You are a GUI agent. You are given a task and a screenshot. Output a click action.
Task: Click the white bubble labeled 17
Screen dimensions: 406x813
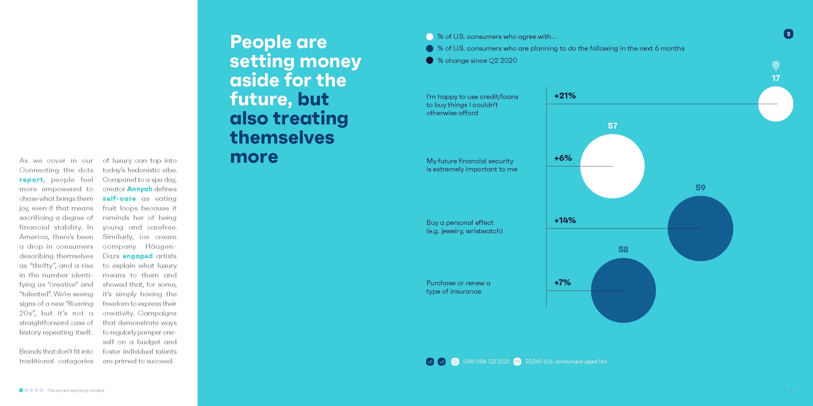tap(775, 104)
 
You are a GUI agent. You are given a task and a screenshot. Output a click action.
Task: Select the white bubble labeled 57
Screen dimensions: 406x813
tap(612, 166)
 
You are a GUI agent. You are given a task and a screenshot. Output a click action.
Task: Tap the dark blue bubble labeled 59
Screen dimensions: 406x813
tap(700, 228)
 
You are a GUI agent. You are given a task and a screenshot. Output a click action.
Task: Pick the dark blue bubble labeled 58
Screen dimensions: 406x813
tap(623, 290)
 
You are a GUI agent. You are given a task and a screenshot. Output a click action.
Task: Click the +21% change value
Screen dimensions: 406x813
tap(565, 96)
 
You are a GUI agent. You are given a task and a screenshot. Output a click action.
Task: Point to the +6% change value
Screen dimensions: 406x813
tap(563, 158)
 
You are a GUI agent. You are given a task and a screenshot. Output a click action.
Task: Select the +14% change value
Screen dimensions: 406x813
tap(565, 220)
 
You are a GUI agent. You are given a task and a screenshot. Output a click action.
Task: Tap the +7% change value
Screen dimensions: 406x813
tap(562, 283)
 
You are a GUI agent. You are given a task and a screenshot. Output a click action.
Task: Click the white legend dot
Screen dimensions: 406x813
tap(430, 37)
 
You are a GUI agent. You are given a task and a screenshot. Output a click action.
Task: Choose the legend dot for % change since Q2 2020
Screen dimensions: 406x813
tap(430, 61)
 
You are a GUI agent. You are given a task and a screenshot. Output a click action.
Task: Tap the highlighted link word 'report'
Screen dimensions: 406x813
tap(31, 180)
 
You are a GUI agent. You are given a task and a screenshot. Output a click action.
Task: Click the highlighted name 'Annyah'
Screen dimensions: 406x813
tap(140, 189)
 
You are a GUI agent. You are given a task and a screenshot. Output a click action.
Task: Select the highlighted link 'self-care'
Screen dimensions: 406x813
tap(119, 199)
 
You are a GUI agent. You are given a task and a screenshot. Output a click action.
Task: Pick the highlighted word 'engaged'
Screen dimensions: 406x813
tap(138, 256)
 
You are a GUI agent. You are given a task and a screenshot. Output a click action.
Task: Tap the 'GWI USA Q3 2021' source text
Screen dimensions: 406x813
tap(486, 362)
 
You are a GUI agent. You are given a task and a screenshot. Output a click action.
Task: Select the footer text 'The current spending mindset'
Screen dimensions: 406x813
tap(75, 390)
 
